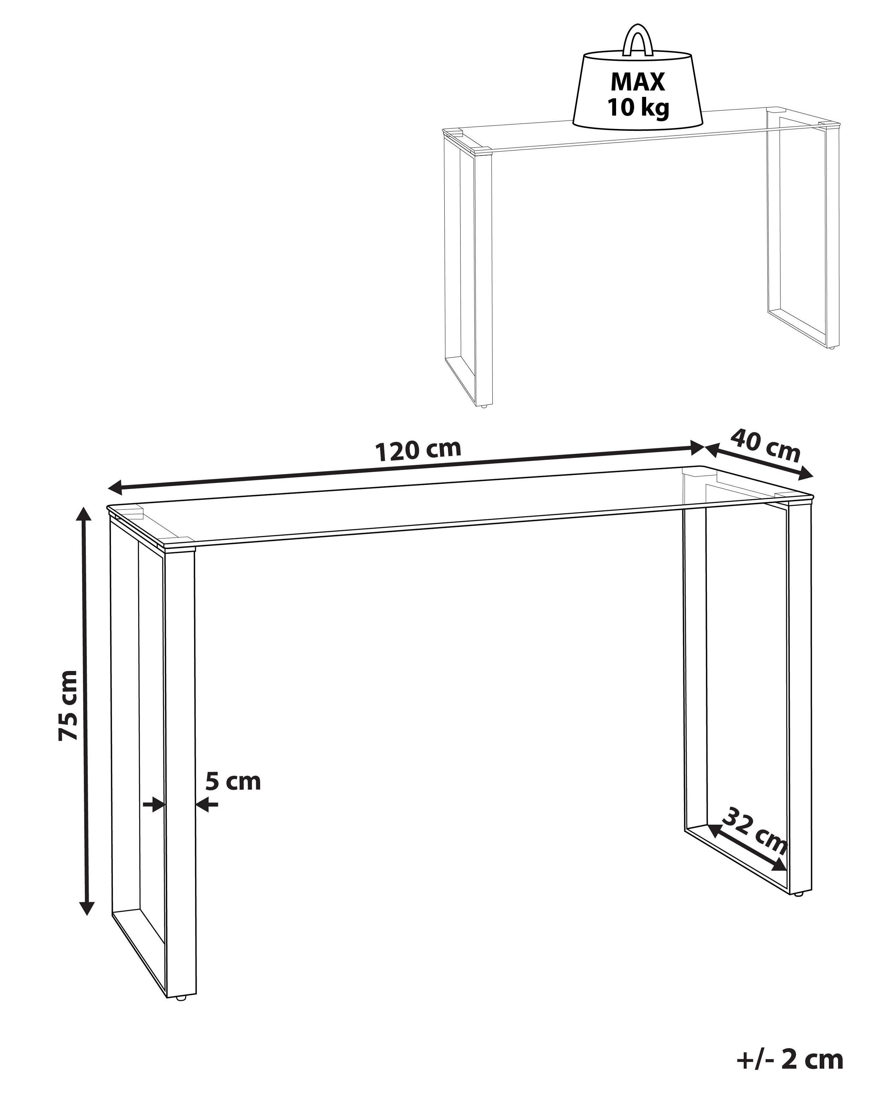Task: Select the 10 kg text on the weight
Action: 638,108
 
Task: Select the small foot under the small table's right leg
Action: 832,348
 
